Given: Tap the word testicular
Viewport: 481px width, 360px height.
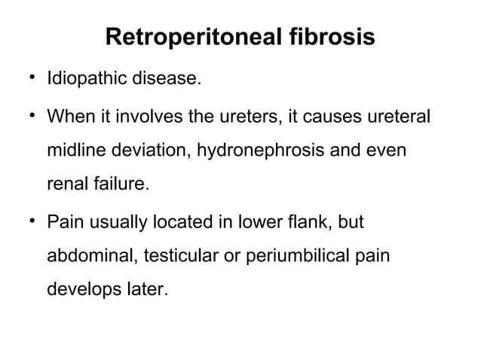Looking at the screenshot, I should pos(168,257).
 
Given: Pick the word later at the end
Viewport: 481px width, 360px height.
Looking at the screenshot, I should pos(141,289).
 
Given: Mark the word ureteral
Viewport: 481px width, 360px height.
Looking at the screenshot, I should pos(392,120).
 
